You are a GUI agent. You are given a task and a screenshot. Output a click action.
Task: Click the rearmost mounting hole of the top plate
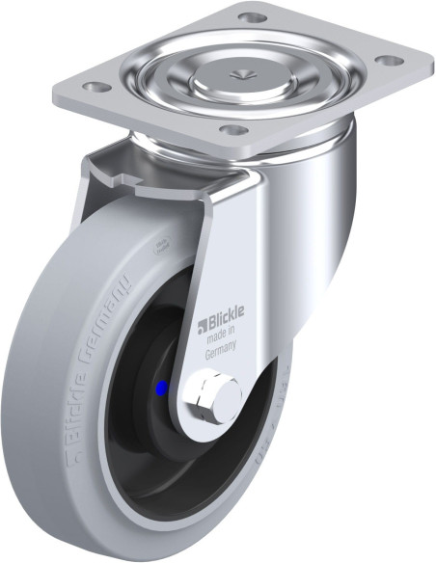(251, 17)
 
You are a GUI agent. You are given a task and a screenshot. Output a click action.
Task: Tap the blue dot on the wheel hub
(161, 388)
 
